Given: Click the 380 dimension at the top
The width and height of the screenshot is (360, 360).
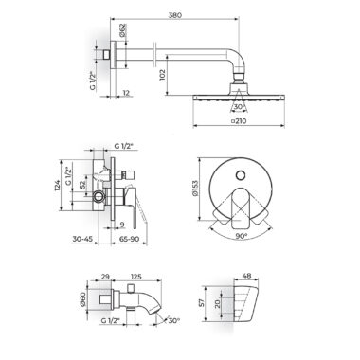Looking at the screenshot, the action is click(175, 15).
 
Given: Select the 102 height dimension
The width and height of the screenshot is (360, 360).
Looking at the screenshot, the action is click(163, 75).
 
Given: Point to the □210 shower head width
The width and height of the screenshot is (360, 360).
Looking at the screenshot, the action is click(239, 120).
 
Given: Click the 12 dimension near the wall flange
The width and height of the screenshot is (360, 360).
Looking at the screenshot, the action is click(126, 93).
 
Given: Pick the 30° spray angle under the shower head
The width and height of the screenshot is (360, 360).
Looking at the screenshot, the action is click(240, 107).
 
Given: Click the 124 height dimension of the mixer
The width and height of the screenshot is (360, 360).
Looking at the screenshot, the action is click(57, 186).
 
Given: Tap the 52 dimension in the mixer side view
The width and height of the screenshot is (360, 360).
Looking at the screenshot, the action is click(82, 184).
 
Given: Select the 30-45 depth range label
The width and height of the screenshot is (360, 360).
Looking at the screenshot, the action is click(82, 239).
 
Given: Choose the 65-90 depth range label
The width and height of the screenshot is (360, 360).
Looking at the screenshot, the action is click(129, 239).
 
